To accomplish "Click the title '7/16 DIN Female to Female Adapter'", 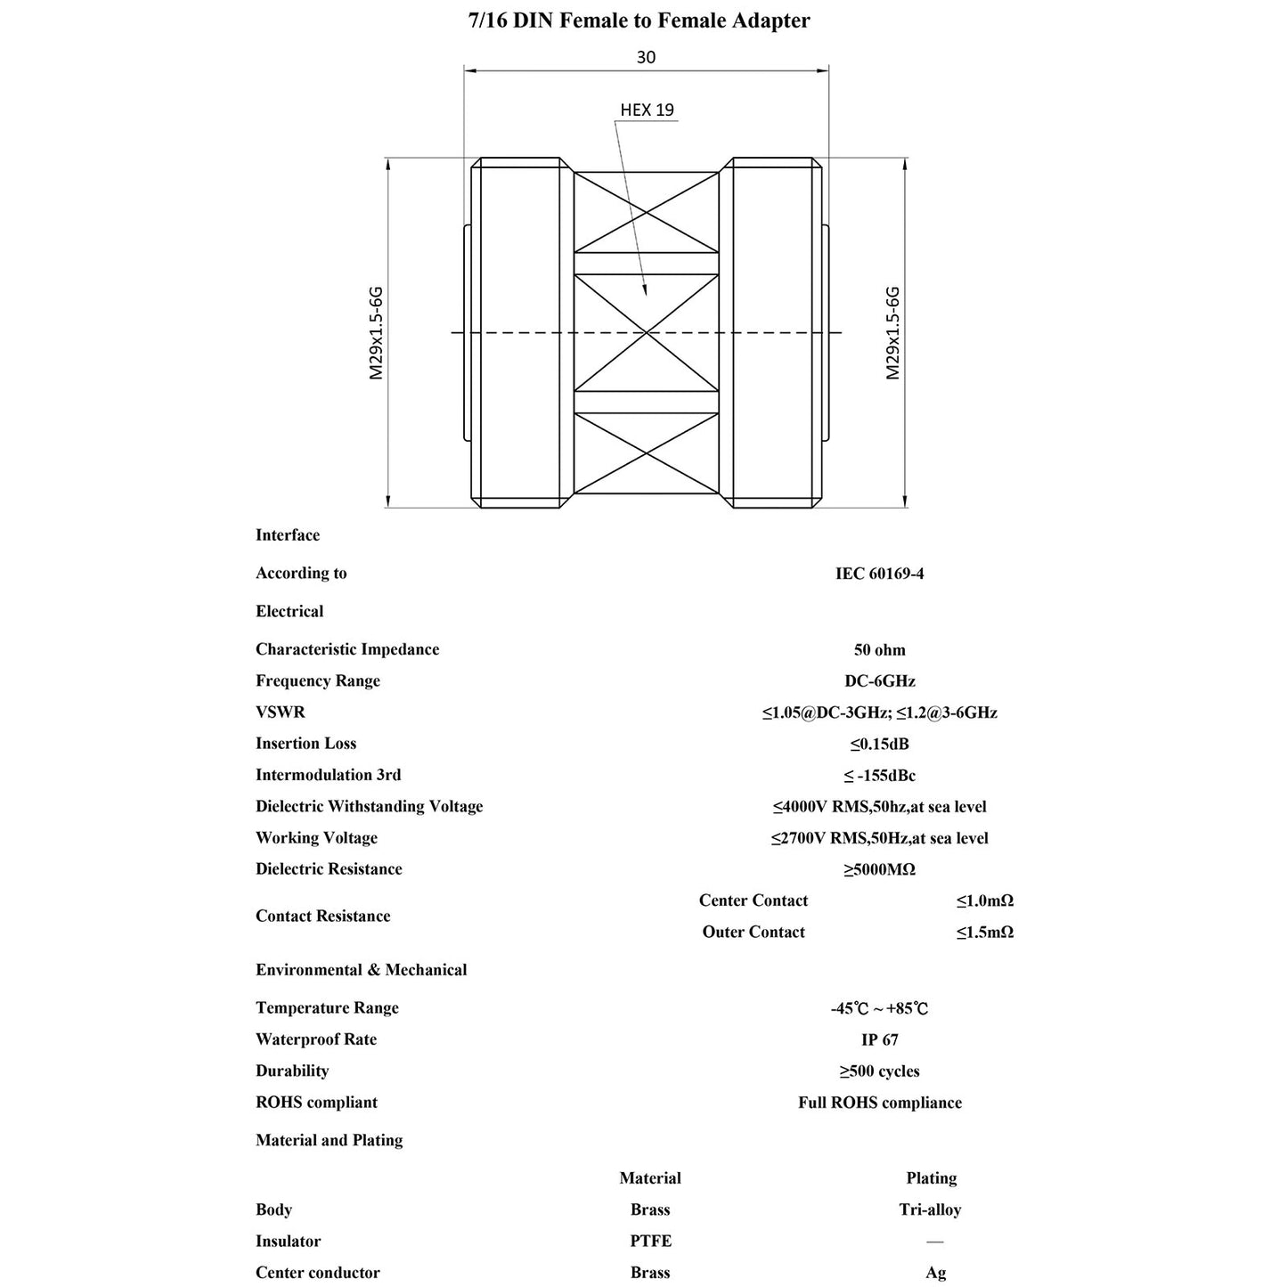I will tap(639, 20).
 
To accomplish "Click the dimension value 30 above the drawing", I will tap(646, 58).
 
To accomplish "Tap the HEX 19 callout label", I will tap(647, 110).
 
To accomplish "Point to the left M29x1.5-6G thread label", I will tap(377, 333).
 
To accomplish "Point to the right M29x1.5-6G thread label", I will tap(892, 333).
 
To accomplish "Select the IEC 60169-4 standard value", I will tap(879, 574).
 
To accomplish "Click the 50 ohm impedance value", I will tap(879, 650).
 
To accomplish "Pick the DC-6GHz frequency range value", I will tap(879, 681).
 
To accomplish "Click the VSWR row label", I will tap(280, 713).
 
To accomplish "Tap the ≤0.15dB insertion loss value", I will tap(879, 744).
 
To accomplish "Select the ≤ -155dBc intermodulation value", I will tap(879, 776).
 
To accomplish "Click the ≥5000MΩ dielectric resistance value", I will tap(879, 869).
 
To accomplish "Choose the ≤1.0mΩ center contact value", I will tap(984, 900).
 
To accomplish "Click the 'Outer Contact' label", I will tap(753, 932).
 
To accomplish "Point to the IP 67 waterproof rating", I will tap(879, 1039).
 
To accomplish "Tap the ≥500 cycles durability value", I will tap(879, 1071).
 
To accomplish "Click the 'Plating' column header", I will tap(931, 1178).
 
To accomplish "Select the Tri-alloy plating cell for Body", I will tap(930, 1210).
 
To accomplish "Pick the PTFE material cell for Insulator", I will tap(650, 1241).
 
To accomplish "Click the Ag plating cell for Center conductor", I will tap(935, 1273).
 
